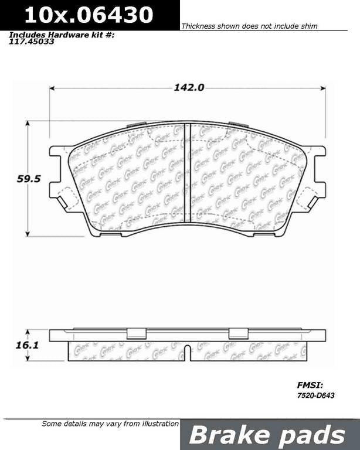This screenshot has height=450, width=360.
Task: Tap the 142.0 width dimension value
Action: (x=188, y=87)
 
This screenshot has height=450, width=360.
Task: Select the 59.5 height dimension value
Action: (x=28, y=180)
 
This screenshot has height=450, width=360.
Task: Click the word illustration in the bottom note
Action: (x=157, y=423)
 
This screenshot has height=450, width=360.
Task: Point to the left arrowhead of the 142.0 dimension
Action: (x=52, y=88)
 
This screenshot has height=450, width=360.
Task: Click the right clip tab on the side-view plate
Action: (x=238, y=333)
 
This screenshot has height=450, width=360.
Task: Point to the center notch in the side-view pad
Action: (x=187, y=353)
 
